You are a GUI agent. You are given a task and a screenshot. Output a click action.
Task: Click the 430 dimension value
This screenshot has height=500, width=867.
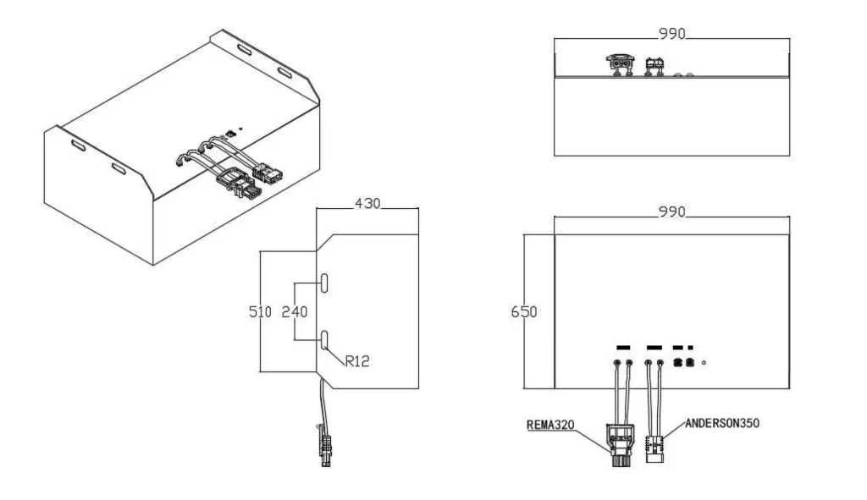click(x=367, y=203)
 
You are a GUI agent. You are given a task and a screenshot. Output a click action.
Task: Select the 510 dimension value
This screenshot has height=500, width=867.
click(x=260, y=312)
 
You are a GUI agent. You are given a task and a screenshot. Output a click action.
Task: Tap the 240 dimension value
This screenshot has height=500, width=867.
click(x=294, y=312)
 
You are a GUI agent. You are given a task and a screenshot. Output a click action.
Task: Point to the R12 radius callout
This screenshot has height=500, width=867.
click(x=357, y=361)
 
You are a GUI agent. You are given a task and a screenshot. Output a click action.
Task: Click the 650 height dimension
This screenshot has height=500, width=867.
click(x=523, y=312)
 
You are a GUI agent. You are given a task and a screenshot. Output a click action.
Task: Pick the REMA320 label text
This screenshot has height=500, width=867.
click(x=550, y=425)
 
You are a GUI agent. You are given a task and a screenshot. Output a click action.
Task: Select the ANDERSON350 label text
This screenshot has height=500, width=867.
click(x=722, y=423)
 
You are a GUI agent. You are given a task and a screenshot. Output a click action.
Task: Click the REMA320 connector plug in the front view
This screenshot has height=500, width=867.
click(x=621, y=445)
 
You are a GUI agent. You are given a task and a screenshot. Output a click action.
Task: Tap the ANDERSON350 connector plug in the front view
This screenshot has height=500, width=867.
click(x=654, y=448)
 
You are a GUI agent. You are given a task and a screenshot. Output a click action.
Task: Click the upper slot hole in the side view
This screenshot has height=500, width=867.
click(x=324, y=283)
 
